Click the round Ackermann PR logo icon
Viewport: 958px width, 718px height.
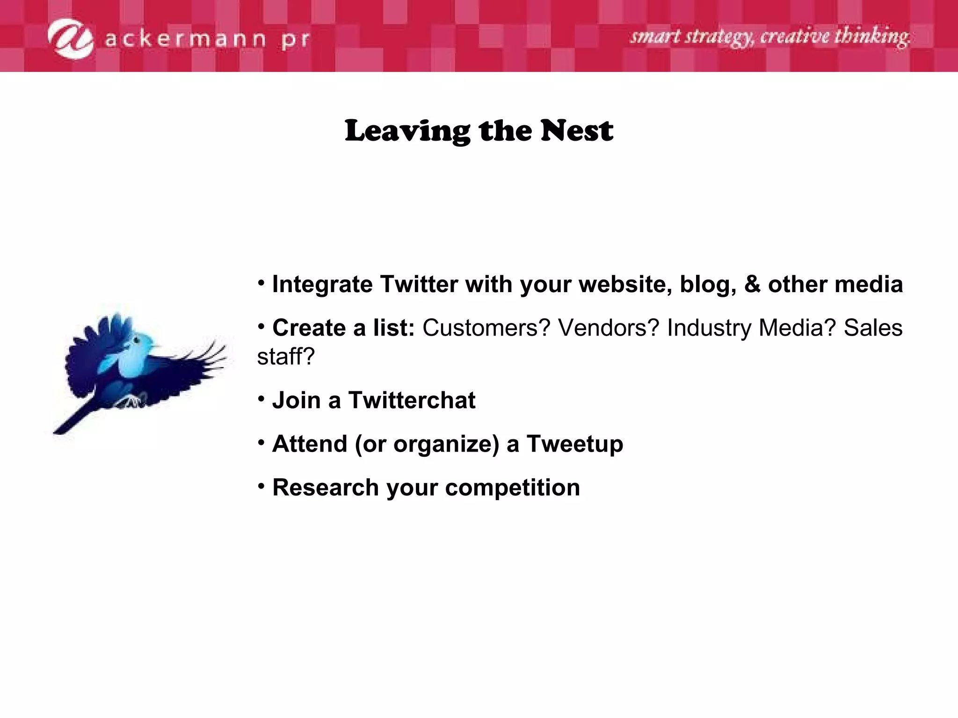tap(71, 39)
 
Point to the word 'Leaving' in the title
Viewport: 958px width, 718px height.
tap(407, 131)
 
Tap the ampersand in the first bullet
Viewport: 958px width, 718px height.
tap(752, 284)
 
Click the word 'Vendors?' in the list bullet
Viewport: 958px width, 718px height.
tap(609, 328)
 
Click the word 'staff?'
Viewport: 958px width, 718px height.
tap(286, 357)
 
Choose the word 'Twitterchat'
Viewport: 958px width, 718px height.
tap(411, 400)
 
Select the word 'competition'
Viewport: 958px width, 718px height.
tap(512, 488)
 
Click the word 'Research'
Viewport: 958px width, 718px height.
tap(326, 488)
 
